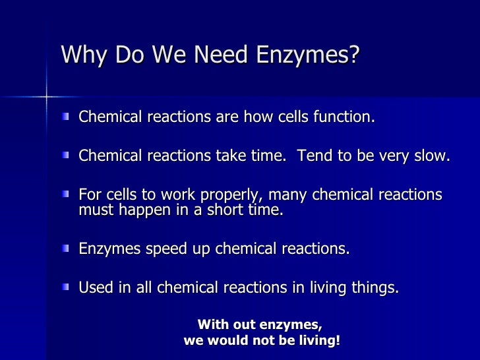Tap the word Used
[x=94, y=288]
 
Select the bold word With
[x=214, y=325]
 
